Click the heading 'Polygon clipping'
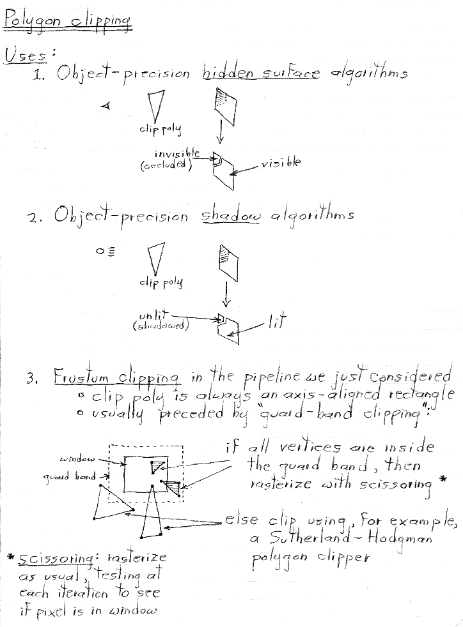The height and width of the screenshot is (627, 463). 68,21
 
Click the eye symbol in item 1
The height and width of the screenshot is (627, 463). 106,107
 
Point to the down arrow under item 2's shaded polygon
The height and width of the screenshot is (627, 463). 226,295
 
